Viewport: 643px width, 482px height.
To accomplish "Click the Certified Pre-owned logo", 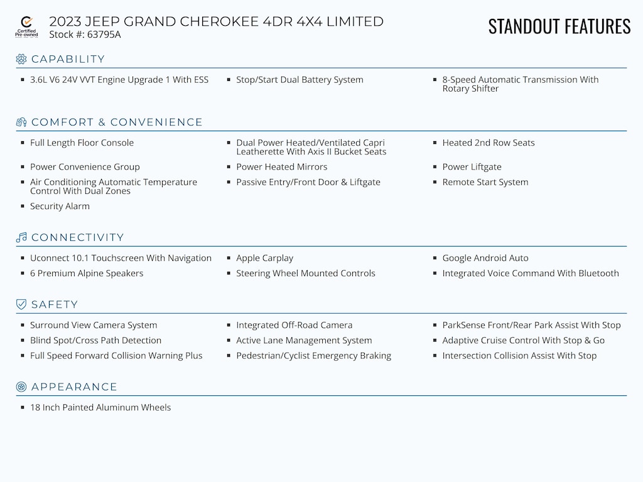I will click(x=26, y=27).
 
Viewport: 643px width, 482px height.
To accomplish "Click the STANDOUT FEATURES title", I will click(x=559, y=26).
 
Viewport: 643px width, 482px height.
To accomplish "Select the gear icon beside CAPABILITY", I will click(x=21, y=59).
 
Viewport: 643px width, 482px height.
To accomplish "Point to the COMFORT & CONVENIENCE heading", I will click(x=117, y=122).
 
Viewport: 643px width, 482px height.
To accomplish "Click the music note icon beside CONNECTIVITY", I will click(x=21, y=237).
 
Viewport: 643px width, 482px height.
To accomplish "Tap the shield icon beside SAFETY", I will click(x=21, y=304).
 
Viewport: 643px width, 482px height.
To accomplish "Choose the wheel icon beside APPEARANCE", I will click(x=21, y=387).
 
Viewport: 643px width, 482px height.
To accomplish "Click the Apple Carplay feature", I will click(x=264, y=258).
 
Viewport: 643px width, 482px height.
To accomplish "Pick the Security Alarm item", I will click(x=60, y=206).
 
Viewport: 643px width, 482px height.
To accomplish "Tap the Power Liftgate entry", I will click(x=472, y=167).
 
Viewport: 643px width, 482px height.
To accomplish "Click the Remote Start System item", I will click(x=485, y=182).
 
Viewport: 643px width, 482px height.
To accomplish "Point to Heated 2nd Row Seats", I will click(x=489, y=142).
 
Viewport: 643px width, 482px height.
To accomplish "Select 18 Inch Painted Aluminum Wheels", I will click(x=100, y=407).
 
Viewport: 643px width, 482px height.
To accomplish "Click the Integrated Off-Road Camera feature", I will click(x=294, y=325).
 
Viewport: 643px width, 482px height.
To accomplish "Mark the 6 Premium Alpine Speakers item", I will click(x=87, y=273).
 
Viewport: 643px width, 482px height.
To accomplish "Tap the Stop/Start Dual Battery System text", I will click(x=300, y=80).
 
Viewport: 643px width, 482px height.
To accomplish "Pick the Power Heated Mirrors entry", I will click(x=281, y=167).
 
